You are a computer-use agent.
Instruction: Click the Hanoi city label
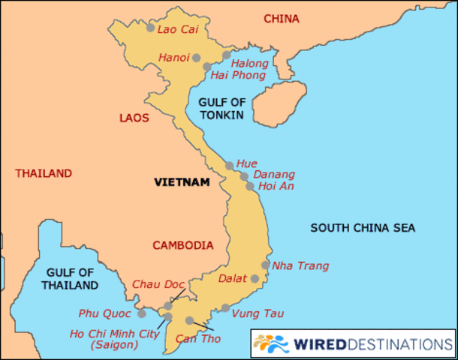(x=173, y=57)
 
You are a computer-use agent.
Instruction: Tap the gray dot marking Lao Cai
(x=150, y=28)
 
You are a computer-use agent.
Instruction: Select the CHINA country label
(x=282, y=18)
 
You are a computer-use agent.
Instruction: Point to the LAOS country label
(x=134, y=118)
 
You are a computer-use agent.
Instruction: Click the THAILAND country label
(x=44, y=173)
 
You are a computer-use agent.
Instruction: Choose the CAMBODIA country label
(x=183, y=245)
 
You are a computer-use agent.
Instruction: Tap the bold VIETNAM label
(x=181, y=181)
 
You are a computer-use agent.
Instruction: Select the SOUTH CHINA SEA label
(x=363, y=228)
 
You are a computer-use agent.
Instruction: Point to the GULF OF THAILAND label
(x=71, y=279)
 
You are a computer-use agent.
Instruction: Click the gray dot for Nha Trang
(x=265, y=265)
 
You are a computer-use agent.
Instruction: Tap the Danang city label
(x=274, y=174)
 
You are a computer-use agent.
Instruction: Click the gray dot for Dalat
(x=255, y=278)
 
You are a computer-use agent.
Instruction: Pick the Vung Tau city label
(x=258, y=313)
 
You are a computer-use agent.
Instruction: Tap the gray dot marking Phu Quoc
(x=141, y=313)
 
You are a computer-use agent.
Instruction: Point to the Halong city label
(x=249, y=63)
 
